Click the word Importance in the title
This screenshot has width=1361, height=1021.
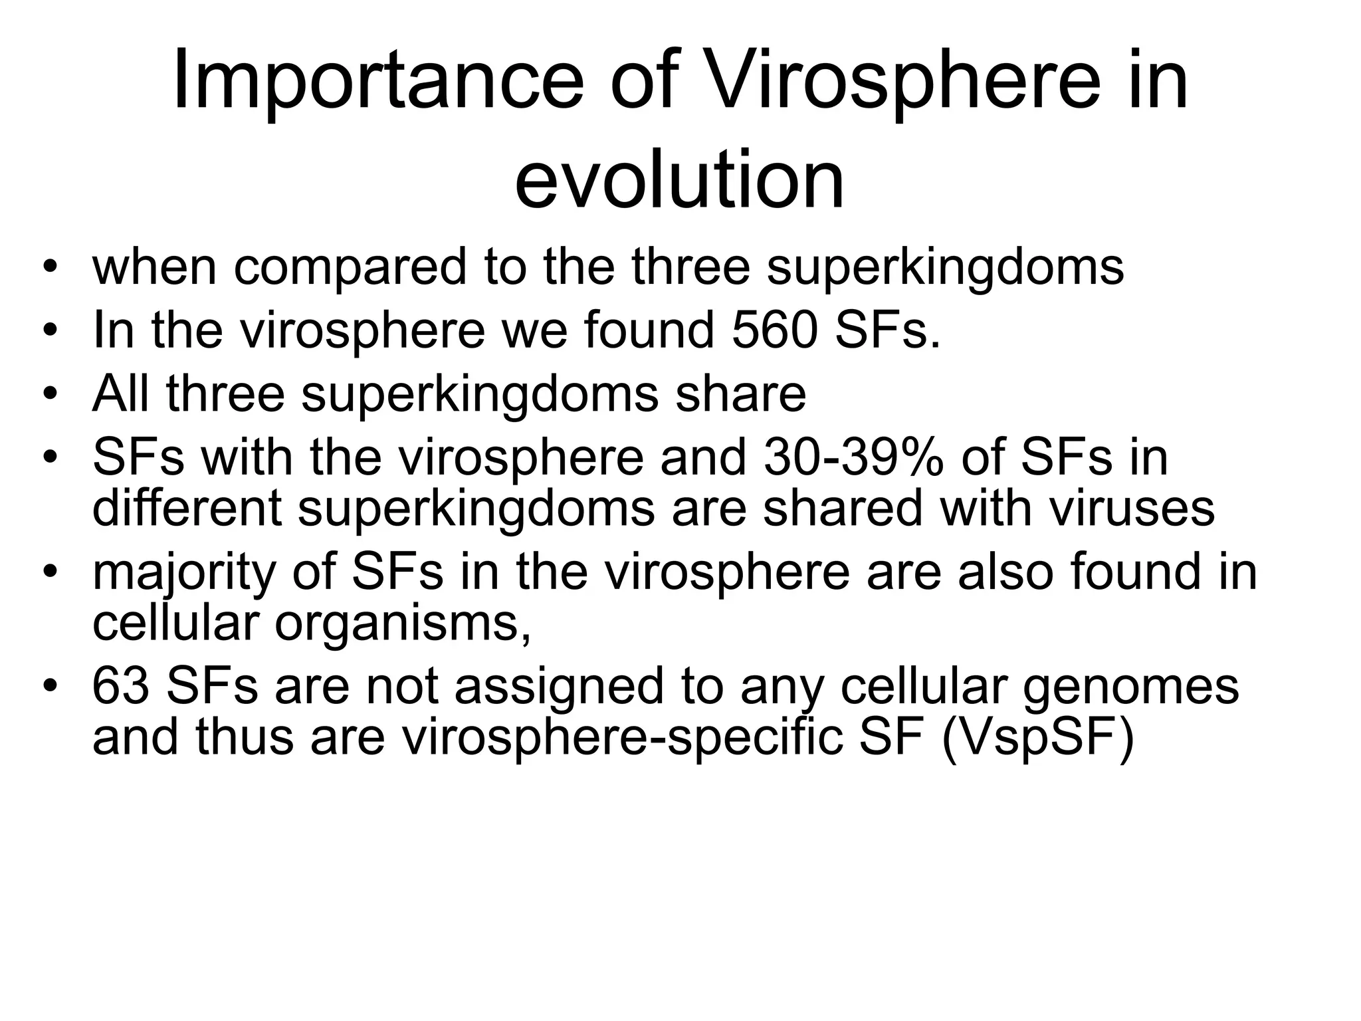coord(377,82)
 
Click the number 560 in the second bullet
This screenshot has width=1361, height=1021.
coord(773,330)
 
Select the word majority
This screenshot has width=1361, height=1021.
coord(183,573)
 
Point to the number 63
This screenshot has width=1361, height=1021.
coord(120,686)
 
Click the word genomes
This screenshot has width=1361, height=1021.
coord(1130,687)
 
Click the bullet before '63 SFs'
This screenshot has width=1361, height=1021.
coord(49,687)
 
